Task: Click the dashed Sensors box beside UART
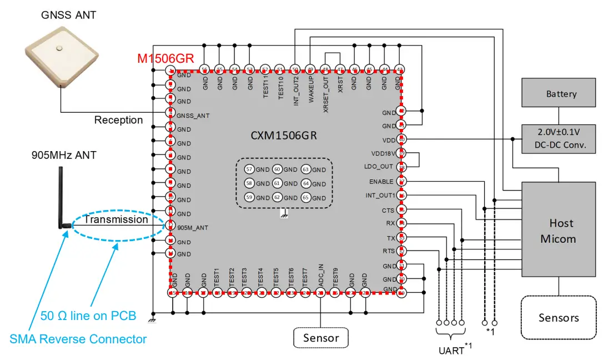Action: point(558,317)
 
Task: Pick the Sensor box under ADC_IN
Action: point(321,337)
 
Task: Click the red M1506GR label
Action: point(165,58)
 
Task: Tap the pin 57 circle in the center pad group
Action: point(249,169)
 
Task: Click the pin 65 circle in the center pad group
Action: point(305,197)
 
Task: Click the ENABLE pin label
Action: point(381,182)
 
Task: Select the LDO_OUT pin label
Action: point(379,167)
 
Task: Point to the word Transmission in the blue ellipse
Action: point(115,219)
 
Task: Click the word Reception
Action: point(118,120)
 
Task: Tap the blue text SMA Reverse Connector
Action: point(78,339)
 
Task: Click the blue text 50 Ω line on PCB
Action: point(88,316)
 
